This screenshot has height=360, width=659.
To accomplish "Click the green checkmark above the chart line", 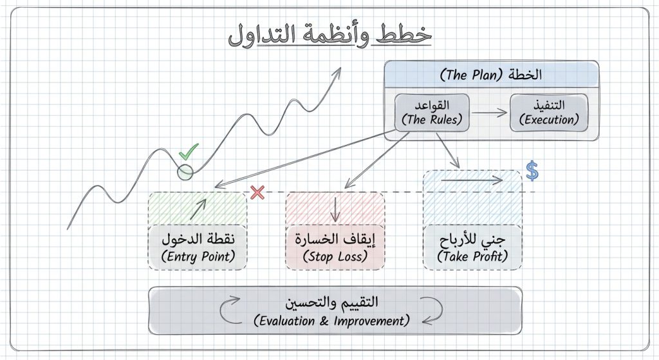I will (x=189, y=153).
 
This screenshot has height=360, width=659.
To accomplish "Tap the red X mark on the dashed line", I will (x=257, y=192).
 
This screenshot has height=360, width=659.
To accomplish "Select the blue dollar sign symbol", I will (x=532, y=171).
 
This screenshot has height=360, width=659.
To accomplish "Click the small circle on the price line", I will (x=185, y=172).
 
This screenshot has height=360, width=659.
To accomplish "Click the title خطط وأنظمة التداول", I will (x=329, y=36).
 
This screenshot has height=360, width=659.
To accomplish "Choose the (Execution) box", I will (x=549, y=113).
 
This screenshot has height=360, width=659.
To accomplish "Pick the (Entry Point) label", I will (x=198, y=256).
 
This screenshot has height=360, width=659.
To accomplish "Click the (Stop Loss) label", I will (x=335, y=256).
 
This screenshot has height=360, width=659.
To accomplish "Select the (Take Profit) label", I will (x=472, y=256).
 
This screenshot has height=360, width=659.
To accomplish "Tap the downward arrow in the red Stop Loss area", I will (x=335, y=209).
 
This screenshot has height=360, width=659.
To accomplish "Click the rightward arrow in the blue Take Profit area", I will (x=471, y=180).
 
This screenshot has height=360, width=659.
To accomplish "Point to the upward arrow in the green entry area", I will (x=199, y=207).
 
